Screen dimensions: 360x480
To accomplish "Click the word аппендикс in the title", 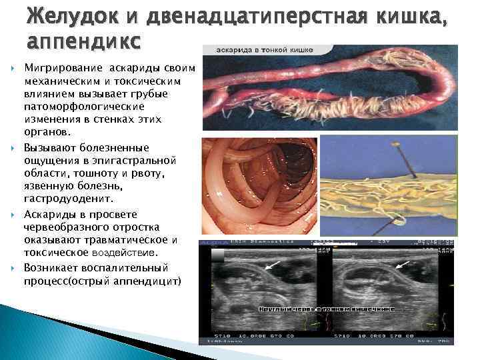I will click(x=83, y=41).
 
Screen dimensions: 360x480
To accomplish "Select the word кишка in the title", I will click(x=411, y=16).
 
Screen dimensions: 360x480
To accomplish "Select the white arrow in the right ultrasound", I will click(x=405, y=265).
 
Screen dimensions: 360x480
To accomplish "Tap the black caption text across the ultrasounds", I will click(x=326, y=309).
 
